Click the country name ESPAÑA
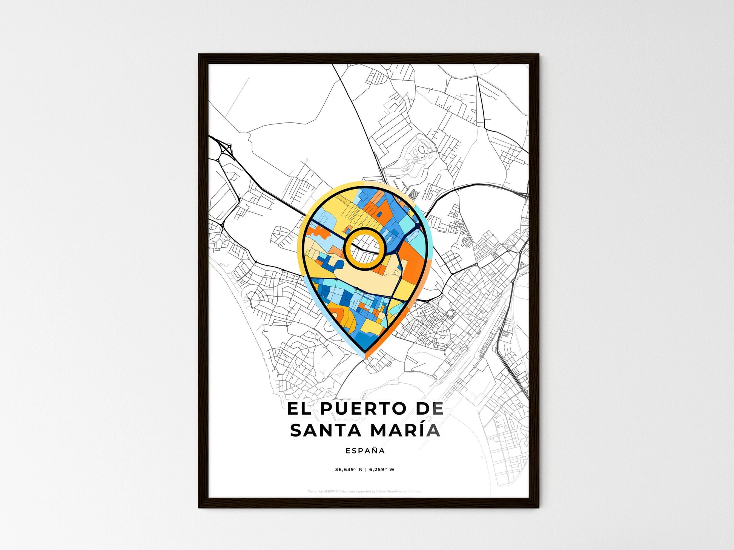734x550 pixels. pyautogui.click(x=365, y=450)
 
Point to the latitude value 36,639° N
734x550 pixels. pyautogui.click(x=349, y=470)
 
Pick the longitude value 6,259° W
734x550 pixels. pyautogui.click(x=382, y=470)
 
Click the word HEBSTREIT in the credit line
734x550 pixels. pyautogui.click(x=332, y=492)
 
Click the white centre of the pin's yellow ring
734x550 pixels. pyautogui.click(x=365, y=249)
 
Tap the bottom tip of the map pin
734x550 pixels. pyautogui.click(x=365, y=355)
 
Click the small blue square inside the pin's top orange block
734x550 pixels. pyautogui.click(x=379, y=214)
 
